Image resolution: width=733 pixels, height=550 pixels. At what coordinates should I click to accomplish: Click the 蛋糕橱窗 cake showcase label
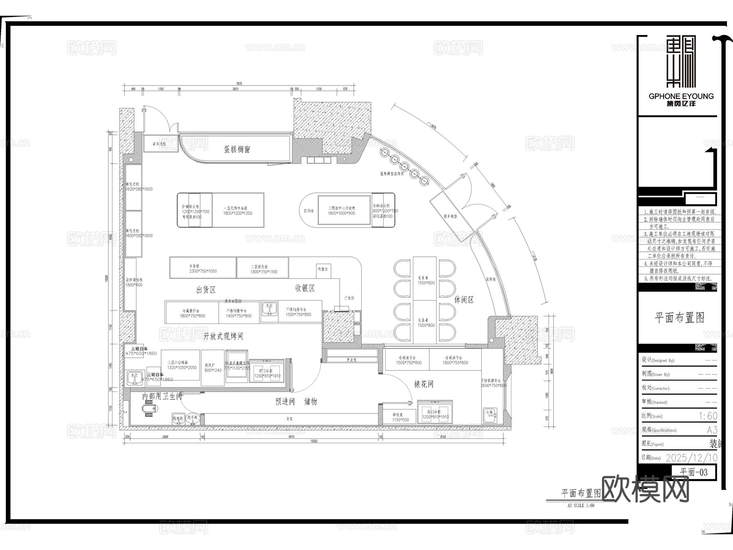[x=237, y=149]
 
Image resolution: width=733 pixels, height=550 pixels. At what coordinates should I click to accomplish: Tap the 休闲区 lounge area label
[x=464, y=300]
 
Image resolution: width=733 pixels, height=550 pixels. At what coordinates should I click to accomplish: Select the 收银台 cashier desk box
[x=323, y=270]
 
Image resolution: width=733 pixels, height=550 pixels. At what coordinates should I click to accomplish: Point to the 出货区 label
[x=206, y=290]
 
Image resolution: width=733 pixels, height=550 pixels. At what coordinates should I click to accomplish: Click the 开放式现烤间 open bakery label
[x=223, y=336]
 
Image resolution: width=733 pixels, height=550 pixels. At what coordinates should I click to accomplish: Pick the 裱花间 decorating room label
[x=424, y=384]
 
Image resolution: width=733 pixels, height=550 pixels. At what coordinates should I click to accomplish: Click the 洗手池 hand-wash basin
[x=193, y=418]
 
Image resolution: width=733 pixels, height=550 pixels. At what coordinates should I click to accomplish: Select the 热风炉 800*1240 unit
[x=213, y=368]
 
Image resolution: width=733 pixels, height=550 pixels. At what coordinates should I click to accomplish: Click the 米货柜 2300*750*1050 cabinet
[x=202, y=268]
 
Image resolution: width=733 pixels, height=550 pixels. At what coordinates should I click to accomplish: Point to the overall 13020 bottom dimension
[x=314, y=441]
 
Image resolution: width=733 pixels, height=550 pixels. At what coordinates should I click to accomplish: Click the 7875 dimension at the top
[x=239, y=84]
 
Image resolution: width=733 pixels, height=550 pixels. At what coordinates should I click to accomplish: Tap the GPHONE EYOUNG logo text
[x=681, y=96]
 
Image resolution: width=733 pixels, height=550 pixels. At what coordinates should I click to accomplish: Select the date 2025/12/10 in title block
[x=691, y=458]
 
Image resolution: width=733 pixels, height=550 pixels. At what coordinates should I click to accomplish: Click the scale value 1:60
[x=708, y=416]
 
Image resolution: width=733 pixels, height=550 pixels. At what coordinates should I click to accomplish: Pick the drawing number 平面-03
[x=694, y=472]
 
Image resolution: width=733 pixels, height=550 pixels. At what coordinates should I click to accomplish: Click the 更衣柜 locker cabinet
[x=352, y=360]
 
